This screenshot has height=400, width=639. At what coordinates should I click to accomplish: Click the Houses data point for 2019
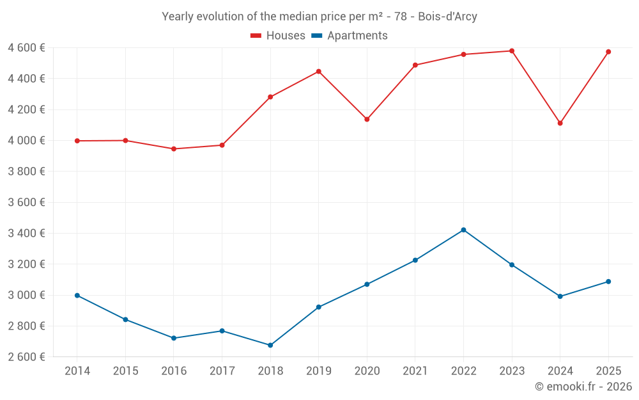click(318, 72)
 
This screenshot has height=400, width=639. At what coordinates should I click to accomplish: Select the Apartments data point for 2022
click(463, 230)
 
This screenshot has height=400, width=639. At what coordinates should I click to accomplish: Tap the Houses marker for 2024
click(560, 123)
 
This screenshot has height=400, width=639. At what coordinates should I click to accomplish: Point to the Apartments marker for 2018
click(270, 345)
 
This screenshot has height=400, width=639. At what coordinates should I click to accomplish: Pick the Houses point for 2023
click(512, 51)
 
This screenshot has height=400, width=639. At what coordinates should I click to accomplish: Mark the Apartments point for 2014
click(77, 296)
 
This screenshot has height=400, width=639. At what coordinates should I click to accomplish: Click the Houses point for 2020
click(367, 119)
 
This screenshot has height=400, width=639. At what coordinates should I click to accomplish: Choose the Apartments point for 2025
click(608, 282)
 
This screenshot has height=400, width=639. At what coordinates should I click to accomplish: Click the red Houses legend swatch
click(256, 36)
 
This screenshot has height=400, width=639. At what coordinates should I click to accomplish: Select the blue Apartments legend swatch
click(316, 36)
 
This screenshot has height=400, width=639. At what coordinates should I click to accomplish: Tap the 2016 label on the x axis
click(174, 371)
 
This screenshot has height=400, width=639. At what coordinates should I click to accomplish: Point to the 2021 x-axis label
click(415, 371)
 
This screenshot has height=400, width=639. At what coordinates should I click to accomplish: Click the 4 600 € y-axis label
click(26, 47)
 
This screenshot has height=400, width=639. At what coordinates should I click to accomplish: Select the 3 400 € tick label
click(26, 233)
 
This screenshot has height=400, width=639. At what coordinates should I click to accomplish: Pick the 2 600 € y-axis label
click(26, 356)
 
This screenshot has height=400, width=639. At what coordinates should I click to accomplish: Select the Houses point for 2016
click(174, 148)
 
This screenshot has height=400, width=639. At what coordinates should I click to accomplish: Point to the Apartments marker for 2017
click(222, 331)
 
